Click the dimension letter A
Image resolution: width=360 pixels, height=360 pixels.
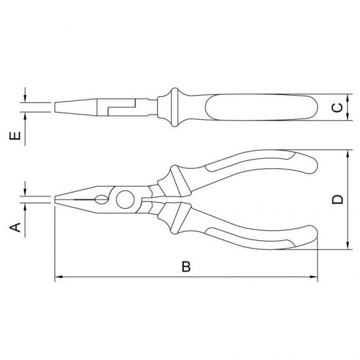(x=15, y=227)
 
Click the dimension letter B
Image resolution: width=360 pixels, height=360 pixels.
(x=186, y=266)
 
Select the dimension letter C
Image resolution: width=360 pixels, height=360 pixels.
(x=338, y=108)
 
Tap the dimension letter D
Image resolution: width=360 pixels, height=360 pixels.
(x=338, y=199)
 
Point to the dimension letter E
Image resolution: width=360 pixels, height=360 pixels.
(x=15, y=135)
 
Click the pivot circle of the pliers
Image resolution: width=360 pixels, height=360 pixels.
(x=125, y=200)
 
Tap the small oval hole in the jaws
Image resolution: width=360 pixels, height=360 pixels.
(x=101, y=200)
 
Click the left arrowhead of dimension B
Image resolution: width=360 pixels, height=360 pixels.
(x=59, y=277)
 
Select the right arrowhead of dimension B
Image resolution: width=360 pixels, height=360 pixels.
(x=314, y=277)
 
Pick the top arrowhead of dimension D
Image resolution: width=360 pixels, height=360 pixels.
(x=348, y=154)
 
